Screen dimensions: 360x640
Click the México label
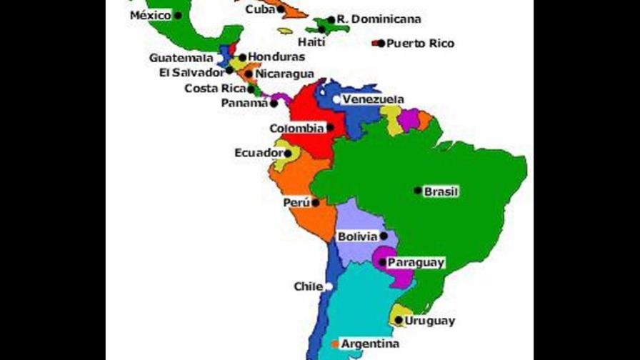(x=150, y=15)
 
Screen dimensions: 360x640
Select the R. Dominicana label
(x=379, y=19)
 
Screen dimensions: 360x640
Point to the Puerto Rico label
(x=420, y=44)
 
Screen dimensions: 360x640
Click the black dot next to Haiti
(x=321, y=30)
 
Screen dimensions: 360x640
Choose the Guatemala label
(x=181, y=57)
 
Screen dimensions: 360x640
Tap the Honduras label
(x=276, y=56)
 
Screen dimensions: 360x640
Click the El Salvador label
(x=192, y=73)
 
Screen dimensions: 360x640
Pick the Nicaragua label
(x=284, y=74)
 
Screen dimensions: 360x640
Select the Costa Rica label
(x=215, y=89)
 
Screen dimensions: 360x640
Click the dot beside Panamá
(x=274, y=103)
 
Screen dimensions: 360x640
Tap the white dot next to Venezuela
(x=336, y=99)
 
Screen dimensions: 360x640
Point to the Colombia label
(x=296, y=129)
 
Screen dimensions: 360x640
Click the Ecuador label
(x=258, y=153)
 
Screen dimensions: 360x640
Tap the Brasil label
(x=441, y=191)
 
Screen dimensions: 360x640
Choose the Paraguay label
(x=416, y=263)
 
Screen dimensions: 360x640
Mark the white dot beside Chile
(x=329, y=286)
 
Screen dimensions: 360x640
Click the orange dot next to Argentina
(x=335, y=344)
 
